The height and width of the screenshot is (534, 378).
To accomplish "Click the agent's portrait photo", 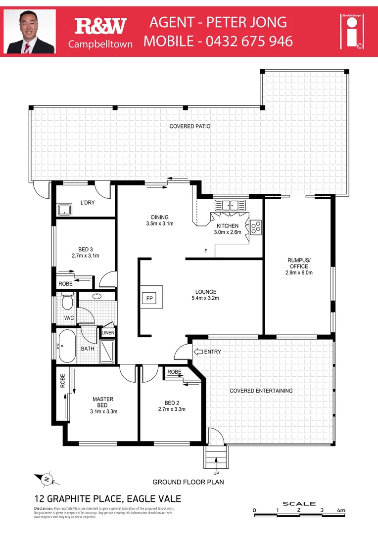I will (30, 32).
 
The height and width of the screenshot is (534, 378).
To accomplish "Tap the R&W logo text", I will (100, 26).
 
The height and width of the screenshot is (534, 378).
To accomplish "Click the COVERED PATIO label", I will (190, 127).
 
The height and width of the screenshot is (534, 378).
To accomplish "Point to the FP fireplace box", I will (149, 298).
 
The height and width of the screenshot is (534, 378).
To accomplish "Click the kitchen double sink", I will (230, 205).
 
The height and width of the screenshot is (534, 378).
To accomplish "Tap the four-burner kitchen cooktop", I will (256, 226).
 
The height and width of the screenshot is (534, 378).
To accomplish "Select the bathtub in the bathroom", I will (67, 346).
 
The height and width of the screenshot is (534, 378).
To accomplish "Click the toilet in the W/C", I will (67, 301).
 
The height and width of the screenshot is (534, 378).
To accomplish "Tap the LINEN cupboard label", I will (108, 333).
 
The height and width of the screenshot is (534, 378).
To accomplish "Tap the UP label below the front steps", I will (216, 473).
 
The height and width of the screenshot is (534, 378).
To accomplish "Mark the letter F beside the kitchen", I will (206, 252).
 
